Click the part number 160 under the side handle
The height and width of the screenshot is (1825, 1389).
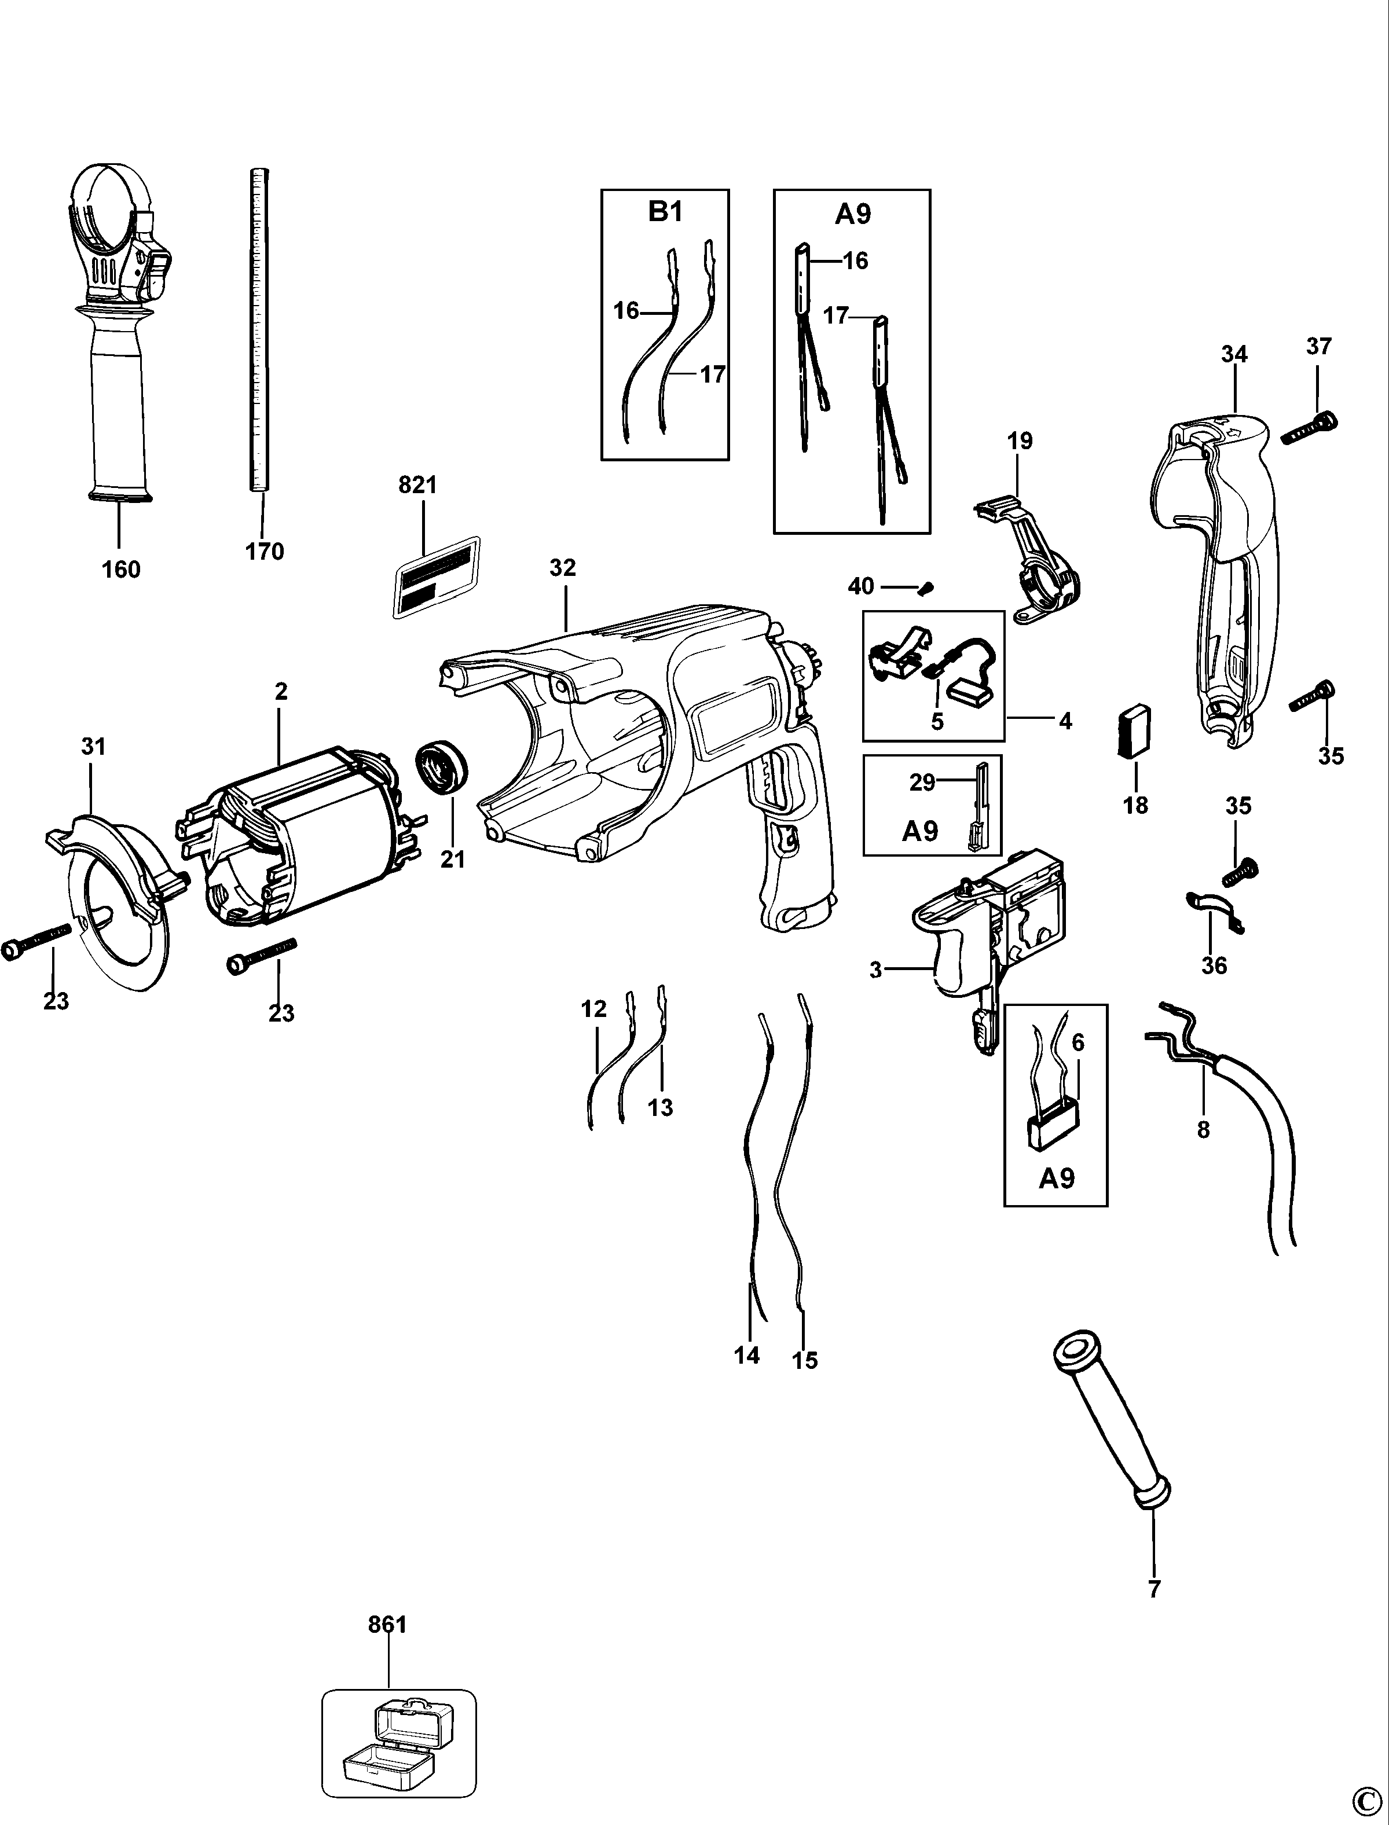120,570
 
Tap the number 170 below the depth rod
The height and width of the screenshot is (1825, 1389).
265,551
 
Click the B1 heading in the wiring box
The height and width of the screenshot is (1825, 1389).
665,212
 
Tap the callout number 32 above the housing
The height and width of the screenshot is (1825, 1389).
562,568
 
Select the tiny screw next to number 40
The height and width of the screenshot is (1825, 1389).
926,589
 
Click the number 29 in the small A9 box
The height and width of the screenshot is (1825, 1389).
922,782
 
